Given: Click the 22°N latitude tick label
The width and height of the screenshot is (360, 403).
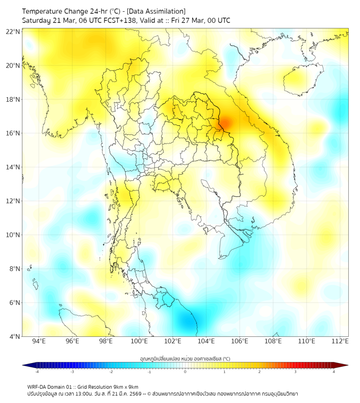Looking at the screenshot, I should pos(13,31).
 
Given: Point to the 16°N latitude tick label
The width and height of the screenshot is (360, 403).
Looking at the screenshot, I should pos(13,133).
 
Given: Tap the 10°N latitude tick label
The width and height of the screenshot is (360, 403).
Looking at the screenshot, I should pos(13,235).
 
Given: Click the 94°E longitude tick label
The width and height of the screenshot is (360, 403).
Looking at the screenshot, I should pos(39,341).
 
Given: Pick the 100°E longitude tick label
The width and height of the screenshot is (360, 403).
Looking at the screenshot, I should pos(139,341).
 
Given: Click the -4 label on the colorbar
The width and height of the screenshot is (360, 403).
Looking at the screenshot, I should pos(37,372).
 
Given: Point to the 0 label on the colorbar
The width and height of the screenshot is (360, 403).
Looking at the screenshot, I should pos(185,372).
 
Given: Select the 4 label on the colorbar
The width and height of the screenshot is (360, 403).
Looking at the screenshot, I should pos(334,372).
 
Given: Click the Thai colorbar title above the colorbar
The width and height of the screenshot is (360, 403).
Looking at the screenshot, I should pos(185,359).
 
